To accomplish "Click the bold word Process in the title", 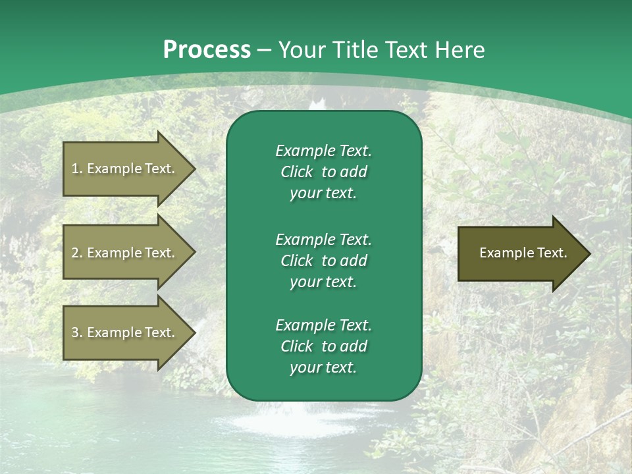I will pyautogui.click(x=207, y=50).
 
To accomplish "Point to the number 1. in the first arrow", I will pyautogui.click(x=76, y=169).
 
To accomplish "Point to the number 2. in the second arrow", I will pyautogui.click(x=76, y=253).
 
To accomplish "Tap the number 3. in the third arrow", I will pyautogui.click(x=76, y=332).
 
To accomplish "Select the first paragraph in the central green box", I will pyautogui.click(x=323, y=172).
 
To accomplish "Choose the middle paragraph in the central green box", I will pyautogui.click(x=323, y=260).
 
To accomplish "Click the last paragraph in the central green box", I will pyautogui.click(x=323, y=346).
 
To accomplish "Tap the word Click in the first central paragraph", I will pyautogui.click(x=296, y=172).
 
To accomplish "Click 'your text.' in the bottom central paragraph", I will pyautogui.click(x=323, y=367).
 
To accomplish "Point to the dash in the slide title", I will pyautogui.click(x=264, y=50).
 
